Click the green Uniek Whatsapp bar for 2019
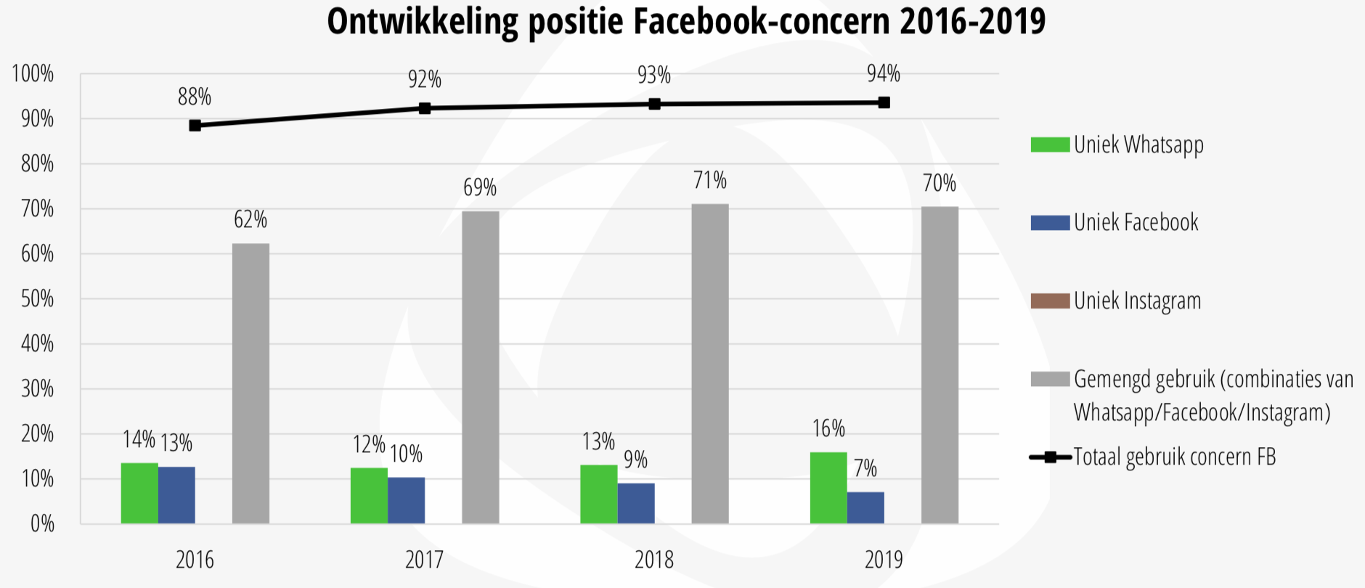tap(828, 488)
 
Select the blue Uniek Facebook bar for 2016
tap(176, 495)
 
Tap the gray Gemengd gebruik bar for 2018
tap(710, 364)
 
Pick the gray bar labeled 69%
tap(481, 367)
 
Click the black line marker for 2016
tap(195, 126)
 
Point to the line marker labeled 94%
tap(884, 102)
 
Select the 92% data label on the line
tap(425, 79)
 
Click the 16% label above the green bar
tap(828, 429)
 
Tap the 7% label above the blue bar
tap(865, 468)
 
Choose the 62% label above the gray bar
tap(250, 220)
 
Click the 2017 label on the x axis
tap(424, 560)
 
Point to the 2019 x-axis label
tap(884, 560)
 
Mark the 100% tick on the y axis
tap(33, 74)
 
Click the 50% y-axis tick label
tap(37, 299)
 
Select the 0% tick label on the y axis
tap(42, 524)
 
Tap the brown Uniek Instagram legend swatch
tap(1050, 301)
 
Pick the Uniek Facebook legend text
tap(1136, 223)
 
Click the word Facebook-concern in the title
tap(762, 22)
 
